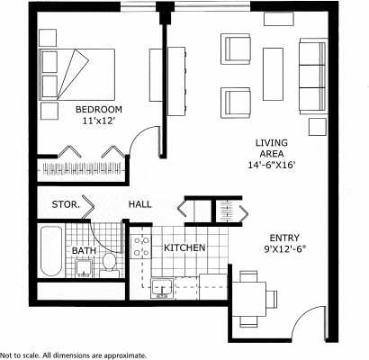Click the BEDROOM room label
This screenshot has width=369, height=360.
pos(99,109)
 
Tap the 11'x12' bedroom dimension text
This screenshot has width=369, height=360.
pos(99,121)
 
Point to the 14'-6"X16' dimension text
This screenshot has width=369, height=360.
pos(273,166)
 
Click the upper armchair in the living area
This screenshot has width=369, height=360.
pos(238,49)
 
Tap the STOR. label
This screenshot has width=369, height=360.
pos(66,204)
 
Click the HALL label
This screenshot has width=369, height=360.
pos(139,204)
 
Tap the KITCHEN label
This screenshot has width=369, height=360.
pos(184,247)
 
